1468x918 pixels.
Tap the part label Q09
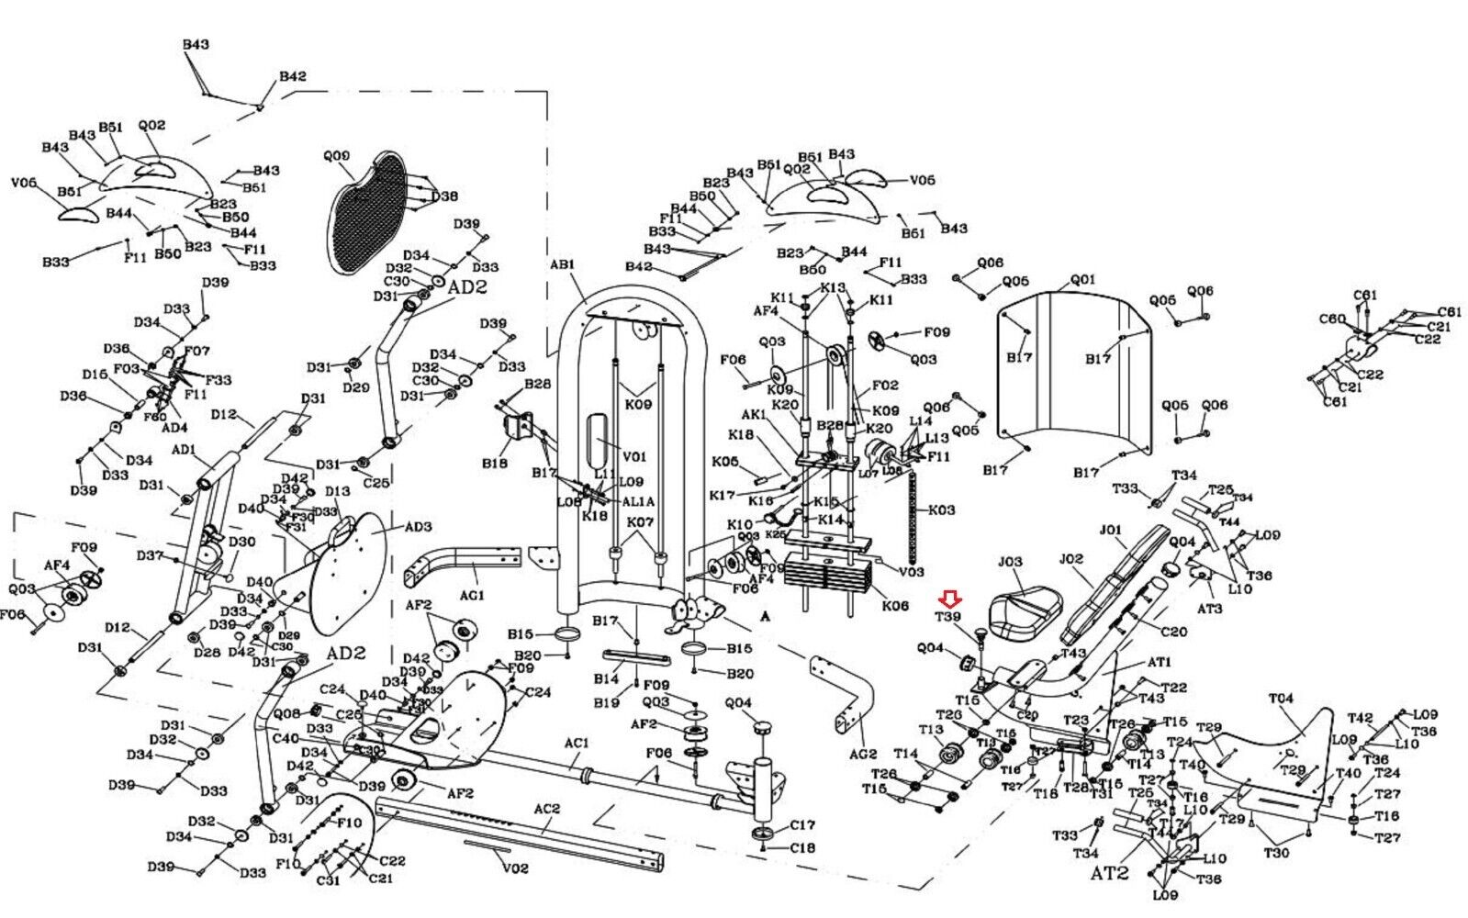point(336,156)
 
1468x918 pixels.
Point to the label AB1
point(562,264)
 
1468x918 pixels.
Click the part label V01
point(634,456)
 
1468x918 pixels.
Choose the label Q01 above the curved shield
point(1083,279)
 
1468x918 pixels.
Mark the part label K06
point(895,606)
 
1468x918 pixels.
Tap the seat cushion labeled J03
point(1026,610)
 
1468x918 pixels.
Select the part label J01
point(1111,530)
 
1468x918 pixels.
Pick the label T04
point(1281,699)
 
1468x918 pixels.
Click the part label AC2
point(547,809)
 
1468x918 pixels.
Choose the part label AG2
point(863,755)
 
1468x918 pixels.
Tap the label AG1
point(472,596)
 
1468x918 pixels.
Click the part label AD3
point(418,527)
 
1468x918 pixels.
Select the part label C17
point(802,825)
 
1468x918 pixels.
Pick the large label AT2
point(1109,873)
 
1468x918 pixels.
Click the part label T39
point(947,617)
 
